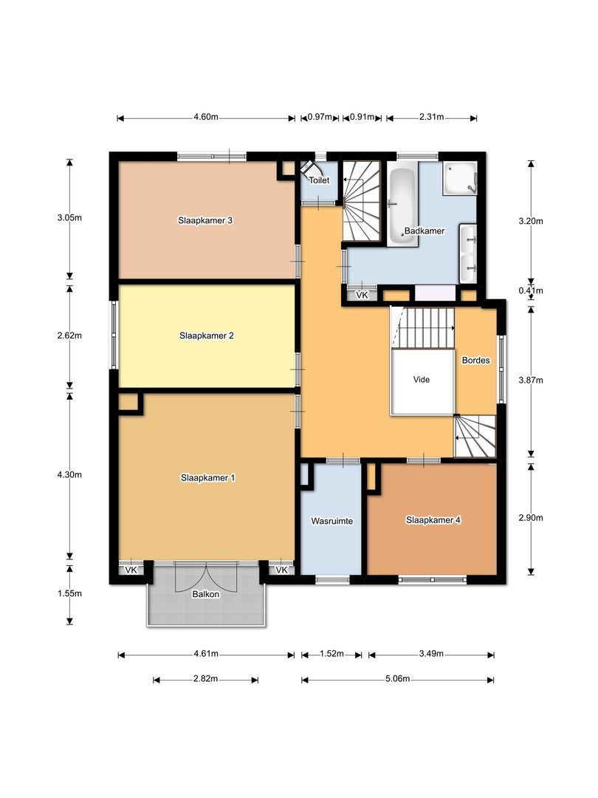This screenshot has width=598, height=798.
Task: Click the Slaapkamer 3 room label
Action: [x=206, y=220]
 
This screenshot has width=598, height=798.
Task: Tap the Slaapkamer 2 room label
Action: [x=207, y=335]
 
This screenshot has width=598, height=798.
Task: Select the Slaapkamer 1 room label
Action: [x=207, y=478]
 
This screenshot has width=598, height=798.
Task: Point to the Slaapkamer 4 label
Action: [x=433, y=520]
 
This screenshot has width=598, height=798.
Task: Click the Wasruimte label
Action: [x=331, y=521]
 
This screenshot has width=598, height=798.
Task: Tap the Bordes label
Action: [x=475, y=361]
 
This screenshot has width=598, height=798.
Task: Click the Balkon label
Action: [x=206, y=594]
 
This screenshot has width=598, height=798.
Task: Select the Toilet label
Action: [x=319, y=180]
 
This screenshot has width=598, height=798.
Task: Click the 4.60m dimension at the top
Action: [x=206, y=118]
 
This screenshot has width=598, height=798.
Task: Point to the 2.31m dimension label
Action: [x=431, y=118]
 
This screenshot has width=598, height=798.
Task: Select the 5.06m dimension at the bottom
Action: [x=397, y=679]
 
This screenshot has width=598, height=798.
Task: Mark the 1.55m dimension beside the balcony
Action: [x=69, y=593]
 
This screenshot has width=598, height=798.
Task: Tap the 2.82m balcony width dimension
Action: [x=205, y=679]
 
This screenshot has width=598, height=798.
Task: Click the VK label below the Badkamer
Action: [x=362, y=296]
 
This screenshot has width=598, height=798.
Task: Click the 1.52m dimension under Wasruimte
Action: [x=331, y=654]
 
